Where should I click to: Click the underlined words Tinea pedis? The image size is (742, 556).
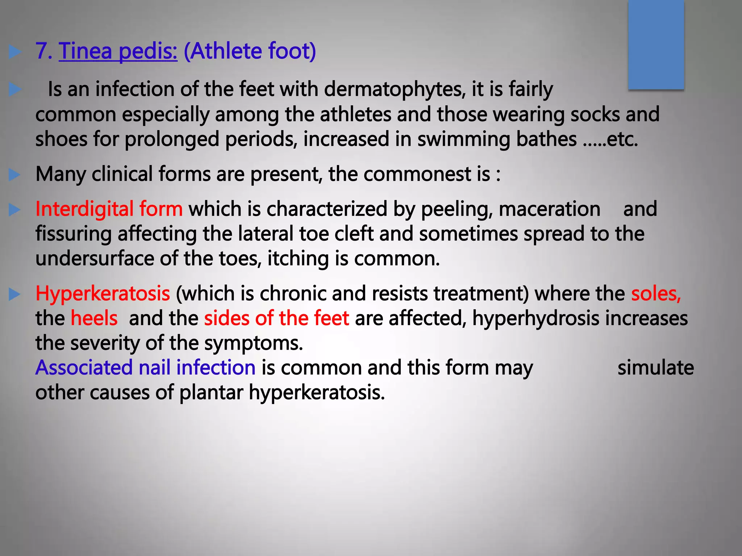pyautogui.click(x=118, y=51)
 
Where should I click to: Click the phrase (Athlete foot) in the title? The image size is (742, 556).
pyautogui.click(x=250, y=51)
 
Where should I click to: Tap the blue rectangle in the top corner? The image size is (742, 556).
pyautogui.click(x=656, y=44)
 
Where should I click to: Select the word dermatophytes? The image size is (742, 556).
pyautogui.click(x=395, y=89)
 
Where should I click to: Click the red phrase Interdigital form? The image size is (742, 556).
pyautogui.click(x=109, y=209)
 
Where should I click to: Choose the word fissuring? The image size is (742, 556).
pyautogui.click(x=74, y=234)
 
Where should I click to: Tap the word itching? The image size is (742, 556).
pyautogui.click(x=298, y=259)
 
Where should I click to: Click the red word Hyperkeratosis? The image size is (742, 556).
pyautogui.click(x=103, y=294)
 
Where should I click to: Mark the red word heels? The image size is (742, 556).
pyautogui.click(x=94, y=319)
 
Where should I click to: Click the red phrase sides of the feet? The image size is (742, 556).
pyautogui.click(x=276, y=319)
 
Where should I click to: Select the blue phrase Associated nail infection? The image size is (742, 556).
pyautogui.click(x=145, y=368)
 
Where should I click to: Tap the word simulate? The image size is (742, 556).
pyautogui.click(x=655, y=368)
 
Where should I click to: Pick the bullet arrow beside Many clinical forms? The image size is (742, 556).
pyautogui.click(x=14, y=175)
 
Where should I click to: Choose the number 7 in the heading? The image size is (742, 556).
pyautogui.click(x=42, y=51)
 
